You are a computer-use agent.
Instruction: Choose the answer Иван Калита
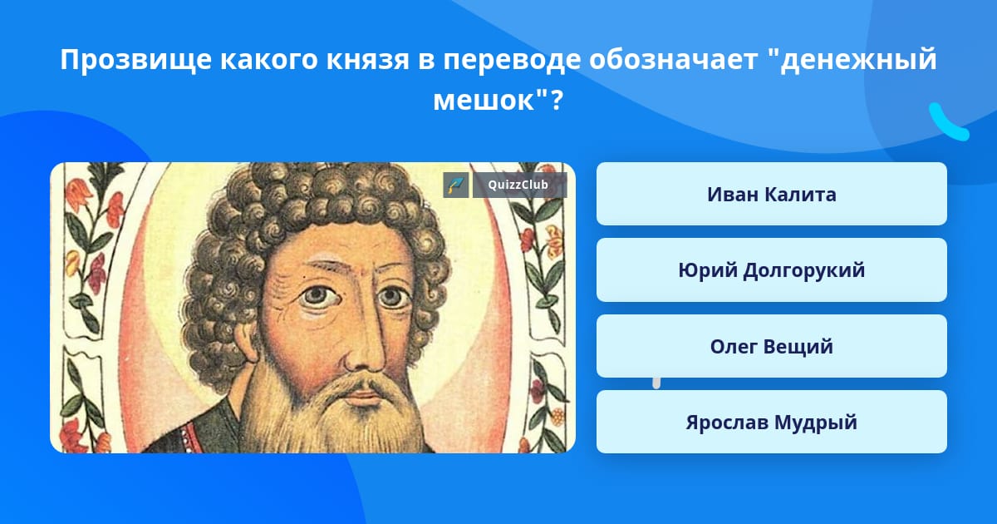coord(771,194)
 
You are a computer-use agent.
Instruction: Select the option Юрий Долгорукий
coord(771,270)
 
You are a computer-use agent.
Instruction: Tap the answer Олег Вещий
coord(771,346)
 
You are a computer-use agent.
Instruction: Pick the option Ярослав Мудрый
coord(771,422)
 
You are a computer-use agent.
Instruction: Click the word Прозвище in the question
coord(135,60)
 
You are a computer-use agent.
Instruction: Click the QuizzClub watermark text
coord(518,185)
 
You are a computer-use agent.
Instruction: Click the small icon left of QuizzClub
coord(456,185)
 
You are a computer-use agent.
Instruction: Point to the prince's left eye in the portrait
coord(392,296)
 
